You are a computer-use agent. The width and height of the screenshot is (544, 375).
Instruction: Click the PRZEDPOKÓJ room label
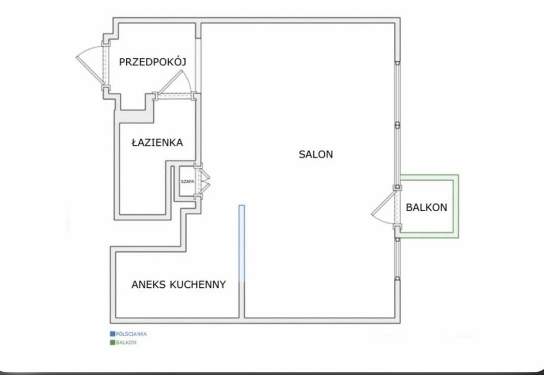click(153, 62)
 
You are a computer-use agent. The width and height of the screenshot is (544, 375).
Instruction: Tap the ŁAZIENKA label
click(157, 143)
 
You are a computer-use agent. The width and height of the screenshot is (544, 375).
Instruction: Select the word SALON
click(316, 154)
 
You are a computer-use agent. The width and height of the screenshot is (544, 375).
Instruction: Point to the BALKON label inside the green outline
click(426, 207)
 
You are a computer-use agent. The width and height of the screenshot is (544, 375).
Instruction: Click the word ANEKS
click(149, 285)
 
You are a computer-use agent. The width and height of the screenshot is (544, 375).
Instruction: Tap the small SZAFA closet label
click(187, 181)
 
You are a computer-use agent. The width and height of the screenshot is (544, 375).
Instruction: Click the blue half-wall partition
click(242, 243)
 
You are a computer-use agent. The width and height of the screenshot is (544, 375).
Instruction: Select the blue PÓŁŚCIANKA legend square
click(113, 334)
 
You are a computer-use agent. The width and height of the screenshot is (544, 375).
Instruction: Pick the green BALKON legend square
click(113, 342)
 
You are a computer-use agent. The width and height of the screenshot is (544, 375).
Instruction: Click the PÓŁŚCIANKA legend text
click(131, 334)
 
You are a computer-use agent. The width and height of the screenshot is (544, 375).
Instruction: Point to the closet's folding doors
click(205, 181)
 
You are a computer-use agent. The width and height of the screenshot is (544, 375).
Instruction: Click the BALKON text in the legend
click(126, 342)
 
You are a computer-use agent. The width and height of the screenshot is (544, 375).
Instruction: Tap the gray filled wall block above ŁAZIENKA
click(136, 116)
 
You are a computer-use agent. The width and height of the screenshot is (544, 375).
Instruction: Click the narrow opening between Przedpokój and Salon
click(198, 65)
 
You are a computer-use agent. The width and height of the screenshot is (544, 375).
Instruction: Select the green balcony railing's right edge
click(456, 206)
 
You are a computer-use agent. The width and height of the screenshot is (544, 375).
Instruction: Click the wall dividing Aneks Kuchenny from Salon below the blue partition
click(242, 300)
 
